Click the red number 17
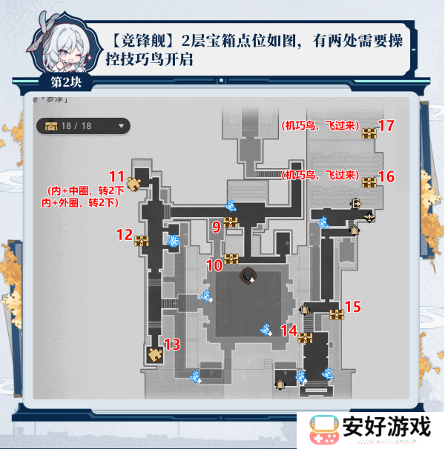point(386,126)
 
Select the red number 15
point(354,305)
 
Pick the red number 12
point(124,235)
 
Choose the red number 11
point(116,176)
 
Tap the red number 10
point(214,265)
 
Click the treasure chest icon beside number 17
point(369,133)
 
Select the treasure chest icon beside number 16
point(369,181)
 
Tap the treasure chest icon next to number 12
point(142,240)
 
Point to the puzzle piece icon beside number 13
point(155,353)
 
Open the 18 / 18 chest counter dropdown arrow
point(120,125)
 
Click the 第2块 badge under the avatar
point(67,79)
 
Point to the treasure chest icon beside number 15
point(337,314)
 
